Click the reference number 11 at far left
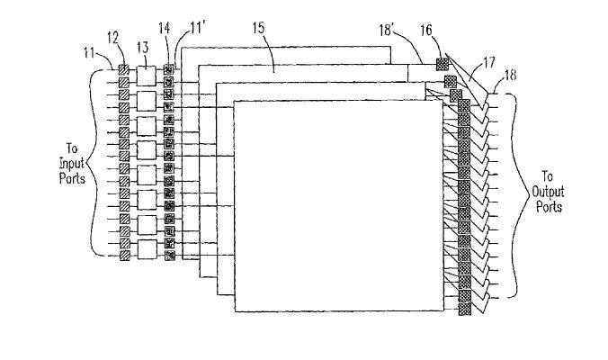click(89, 52)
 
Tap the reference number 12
click(112, 38)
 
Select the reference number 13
click(143, 48)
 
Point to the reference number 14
click(164, 28)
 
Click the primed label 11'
click(198, 28)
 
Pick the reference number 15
click(259, 28)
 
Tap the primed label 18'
click(387, 30)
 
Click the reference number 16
click(426, 30)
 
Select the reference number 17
click(490, 62)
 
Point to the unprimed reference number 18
click(510, 75)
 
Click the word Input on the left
click(72, 163)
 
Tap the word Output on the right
click(548, 192)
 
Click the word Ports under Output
click(549, 206)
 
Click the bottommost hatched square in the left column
click(124, 256)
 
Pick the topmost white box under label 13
click(147, 76)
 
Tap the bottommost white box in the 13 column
click(148, 249)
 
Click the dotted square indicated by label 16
click(443, 64)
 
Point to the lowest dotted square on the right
click(464, 310)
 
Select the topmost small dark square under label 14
click(169, 69)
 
